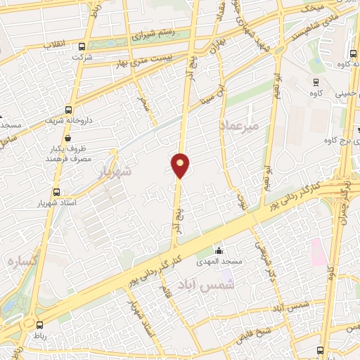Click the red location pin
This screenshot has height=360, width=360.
180,165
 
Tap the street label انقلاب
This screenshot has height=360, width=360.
56,44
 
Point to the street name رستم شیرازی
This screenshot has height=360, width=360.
153,33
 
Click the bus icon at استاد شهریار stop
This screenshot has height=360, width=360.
56,191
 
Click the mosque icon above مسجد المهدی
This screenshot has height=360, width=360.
219,250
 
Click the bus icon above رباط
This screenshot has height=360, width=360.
39,324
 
